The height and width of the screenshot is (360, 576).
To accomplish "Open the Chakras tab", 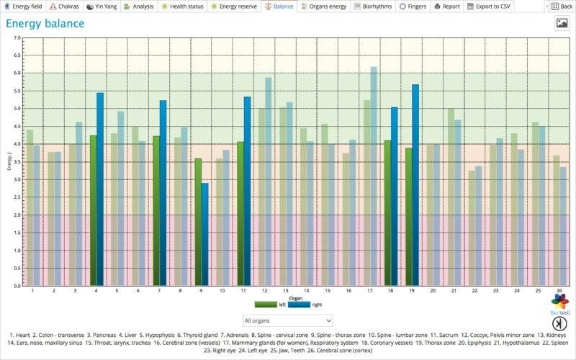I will [x=64, y=6].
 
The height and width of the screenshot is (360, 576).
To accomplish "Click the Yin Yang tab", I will [x=101, y=6].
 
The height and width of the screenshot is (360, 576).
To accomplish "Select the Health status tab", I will [x=182, y=6].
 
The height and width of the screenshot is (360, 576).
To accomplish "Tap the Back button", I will [x=561, y=6].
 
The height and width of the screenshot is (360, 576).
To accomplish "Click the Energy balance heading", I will [x=45, y=24].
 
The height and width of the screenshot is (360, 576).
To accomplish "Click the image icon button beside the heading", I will [x=562, y=23].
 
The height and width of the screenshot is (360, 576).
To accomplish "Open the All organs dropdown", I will [x=287, y=320].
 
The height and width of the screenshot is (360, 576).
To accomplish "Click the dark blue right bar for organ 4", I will [x=100, y=189].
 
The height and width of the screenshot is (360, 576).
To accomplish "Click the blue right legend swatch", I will [x=299, y=305].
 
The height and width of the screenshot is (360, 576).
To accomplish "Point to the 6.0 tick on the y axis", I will [x=18, y=73].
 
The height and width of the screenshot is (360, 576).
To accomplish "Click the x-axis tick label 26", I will [x=559, y=291].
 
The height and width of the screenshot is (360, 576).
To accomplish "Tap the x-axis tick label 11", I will [x=243, y=291].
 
